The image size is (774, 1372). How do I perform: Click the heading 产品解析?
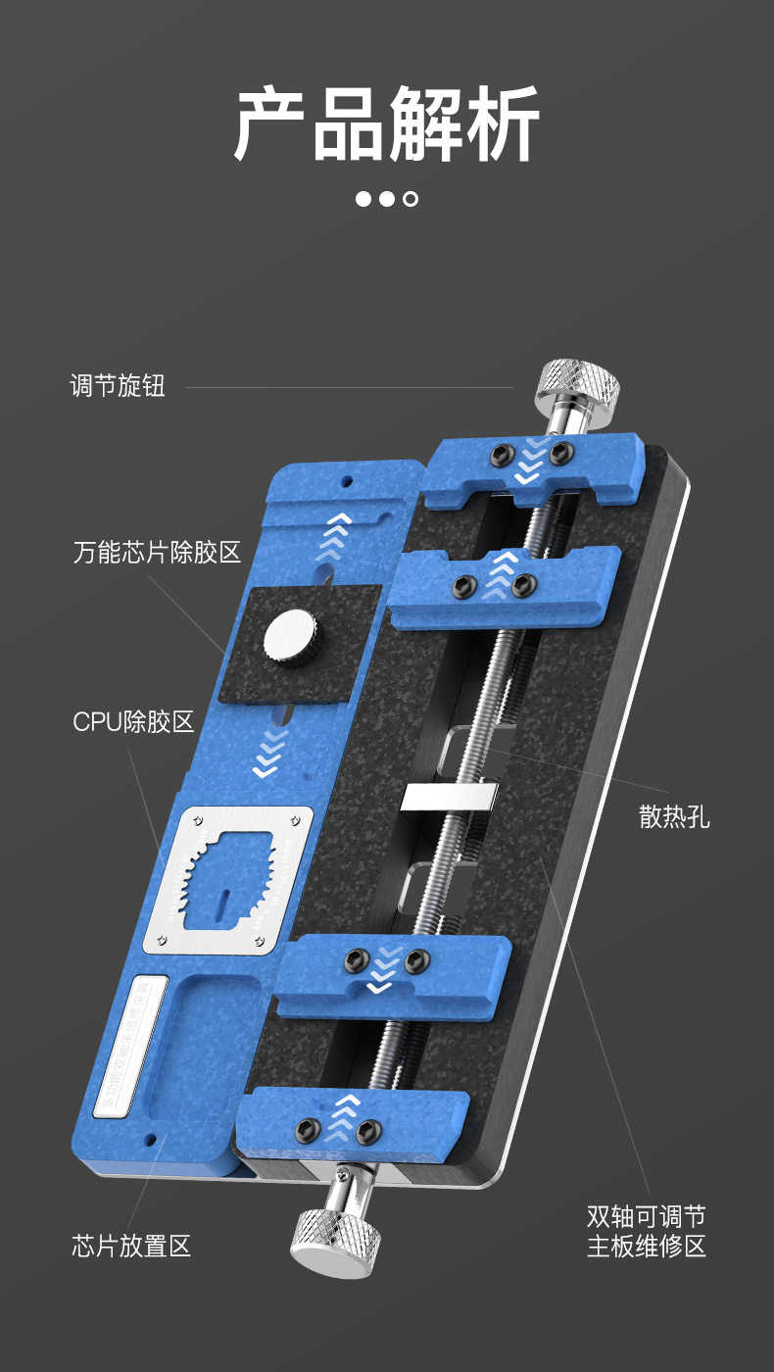(x=386, y=124)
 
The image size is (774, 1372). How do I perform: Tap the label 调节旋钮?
(x=118, y=385)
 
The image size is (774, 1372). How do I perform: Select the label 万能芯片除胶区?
(x=157, y=552)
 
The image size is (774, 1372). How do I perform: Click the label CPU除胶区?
(x=133, y=723)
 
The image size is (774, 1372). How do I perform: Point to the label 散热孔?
(x=674, y=816)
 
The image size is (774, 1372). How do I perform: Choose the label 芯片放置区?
(x=131, y=1247)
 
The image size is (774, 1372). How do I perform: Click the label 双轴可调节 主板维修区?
(x=646, y=1232)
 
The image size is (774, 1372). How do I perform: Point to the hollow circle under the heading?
(x=411, y=199)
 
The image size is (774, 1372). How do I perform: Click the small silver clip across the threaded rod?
(x=450, y=797)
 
